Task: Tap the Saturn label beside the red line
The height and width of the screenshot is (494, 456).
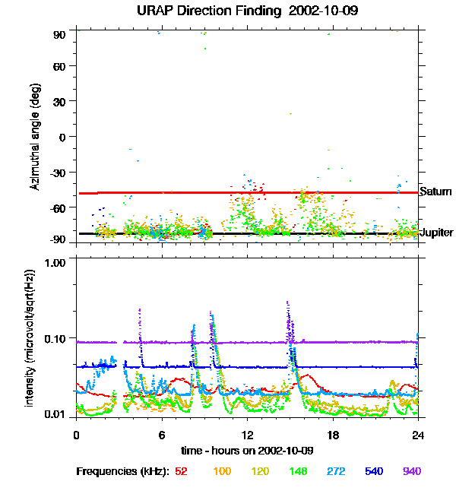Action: pos(435,191)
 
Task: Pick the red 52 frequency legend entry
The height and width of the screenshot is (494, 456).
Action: pos(182,471)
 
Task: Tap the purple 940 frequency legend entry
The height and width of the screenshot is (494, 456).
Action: pos(411,471)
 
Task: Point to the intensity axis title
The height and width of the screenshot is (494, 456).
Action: pos(31,337)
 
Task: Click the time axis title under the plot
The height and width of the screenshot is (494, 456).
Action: pos(248,450)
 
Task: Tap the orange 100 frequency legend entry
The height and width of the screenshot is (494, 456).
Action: pos(221,471)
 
